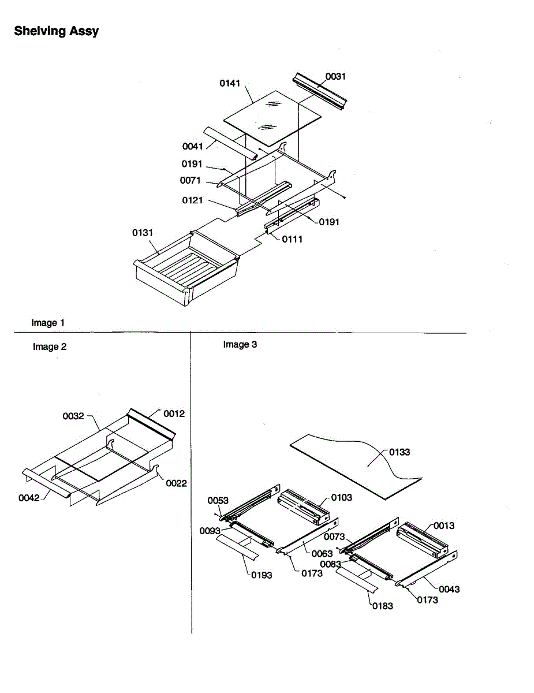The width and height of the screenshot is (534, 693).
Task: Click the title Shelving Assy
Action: click(x=56, y=31)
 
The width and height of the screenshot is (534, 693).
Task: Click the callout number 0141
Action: click(x=230, y=83)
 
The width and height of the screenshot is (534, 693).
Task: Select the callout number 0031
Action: click(x=336, y=76)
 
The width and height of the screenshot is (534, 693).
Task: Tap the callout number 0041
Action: click(x=192, y=147)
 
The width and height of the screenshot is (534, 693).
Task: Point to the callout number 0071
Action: click(x=191, y=180)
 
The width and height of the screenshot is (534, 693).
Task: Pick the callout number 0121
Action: click(x=192, y=200)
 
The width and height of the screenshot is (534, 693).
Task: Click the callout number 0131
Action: click(x=143, y=233)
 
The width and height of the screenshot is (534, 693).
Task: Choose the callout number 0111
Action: click(x=292, y=239)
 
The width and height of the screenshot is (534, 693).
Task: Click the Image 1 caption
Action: click(x=44, y=323)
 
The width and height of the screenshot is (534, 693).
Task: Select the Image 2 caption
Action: click(x=50, y=347)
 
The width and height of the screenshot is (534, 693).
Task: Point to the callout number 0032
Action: click(x=73, y=416)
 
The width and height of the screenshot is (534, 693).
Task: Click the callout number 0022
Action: click(x=176, y=483)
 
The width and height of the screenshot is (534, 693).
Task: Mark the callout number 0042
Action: click(x=29, y=498)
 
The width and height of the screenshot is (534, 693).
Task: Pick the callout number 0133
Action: click(x=399, y=452)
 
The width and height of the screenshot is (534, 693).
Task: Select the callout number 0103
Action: click(x=342, y=497)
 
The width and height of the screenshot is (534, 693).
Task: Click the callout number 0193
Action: click(x=262, y=575)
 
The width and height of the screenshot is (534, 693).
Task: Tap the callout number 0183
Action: click(x=382, y=606)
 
